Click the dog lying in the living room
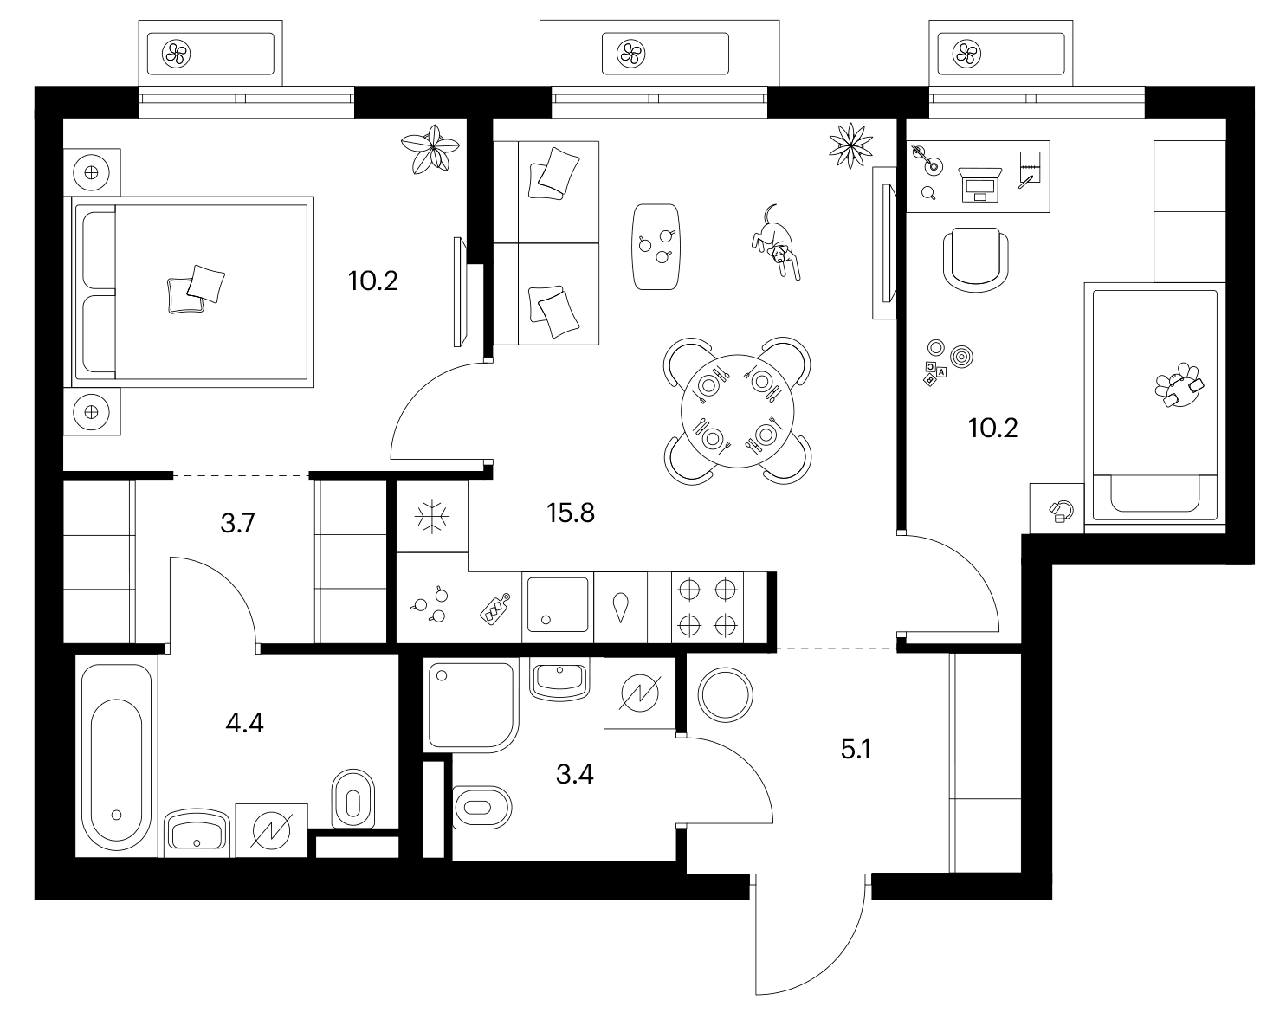[776, 243]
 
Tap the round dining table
[738, 411]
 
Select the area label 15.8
[571, 513]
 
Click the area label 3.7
[237, 523]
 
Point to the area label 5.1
[856, 749]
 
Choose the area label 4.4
[244, 724]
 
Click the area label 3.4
[574, 775]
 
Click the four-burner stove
[708, 608]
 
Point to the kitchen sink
[558, 605]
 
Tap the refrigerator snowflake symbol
[432, 516]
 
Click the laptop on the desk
[979, 184]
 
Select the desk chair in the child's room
[975, 260]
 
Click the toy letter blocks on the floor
[934, 372]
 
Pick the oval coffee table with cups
[656, 247]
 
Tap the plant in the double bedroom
[430, 149]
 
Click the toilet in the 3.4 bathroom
[482, 807]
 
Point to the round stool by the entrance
[725, 695]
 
